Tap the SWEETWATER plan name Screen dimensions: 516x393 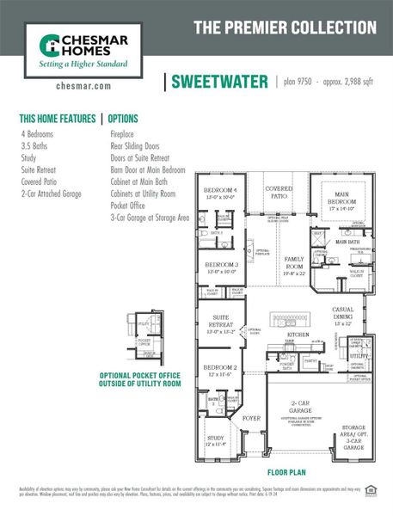(218, 82)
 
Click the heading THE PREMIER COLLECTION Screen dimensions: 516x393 (283, 28)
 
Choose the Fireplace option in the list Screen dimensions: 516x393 (125, 135)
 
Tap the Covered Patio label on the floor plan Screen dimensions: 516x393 (279, 191)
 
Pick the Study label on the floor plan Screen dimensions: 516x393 (216, 440)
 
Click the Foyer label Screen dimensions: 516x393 (251, 419)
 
